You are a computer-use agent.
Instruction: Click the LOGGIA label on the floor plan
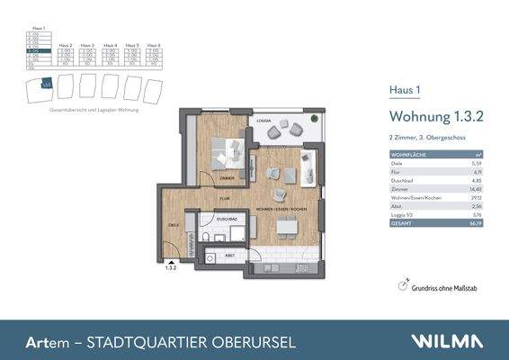[x=264, y=119]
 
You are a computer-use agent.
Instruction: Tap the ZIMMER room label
[x=225, y=177]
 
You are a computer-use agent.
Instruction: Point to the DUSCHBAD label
[x=227, y=219]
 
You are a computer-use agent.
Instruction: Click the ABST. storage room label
[x=229, y=255]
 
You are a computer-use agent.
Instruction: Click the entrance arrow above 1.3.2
[x=170, y=257]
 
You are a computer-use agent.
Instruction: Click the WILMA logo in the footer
[x=447, y=341]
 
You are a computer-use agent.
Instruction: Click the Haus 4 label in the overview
[x=110, y=44]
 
